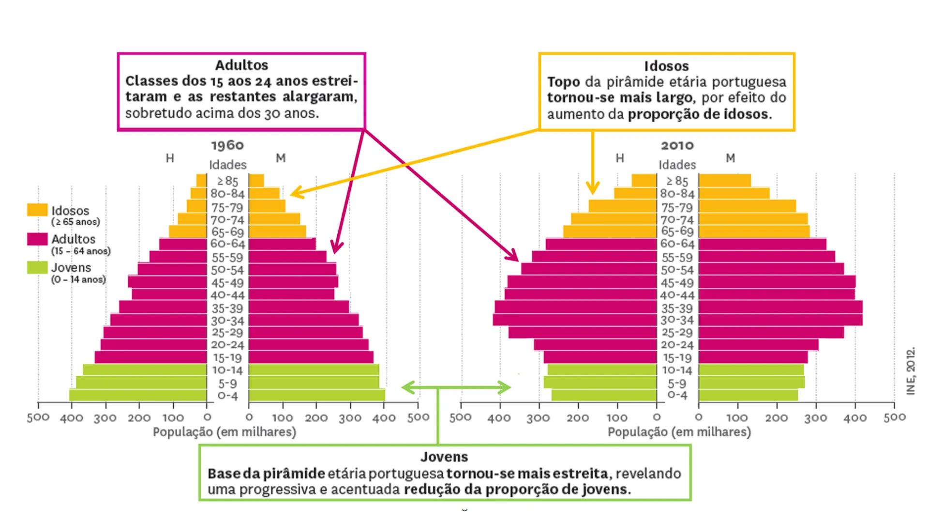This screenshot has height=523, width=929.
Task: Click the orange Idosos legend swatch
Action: (37, 210)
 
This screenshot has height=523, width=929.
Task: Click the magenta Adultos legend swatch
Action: (37, 239)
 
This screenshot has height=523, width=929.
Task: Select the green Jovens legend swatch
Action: (37, 267)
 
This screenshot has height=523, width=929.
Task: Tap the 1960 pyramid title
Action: (227, 145)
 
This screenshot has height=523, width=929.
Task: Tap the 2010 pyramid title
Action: (677, 145)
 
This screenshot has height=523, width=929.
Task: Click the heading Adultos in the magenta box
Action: (241, 65)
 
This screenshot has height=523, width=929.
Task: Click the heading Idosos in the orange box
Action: (666, 66)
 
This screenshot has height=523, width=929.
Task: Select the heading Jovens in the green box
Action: (444, 457)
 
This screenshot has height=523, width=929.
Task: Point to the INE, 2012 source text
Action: (911, 370)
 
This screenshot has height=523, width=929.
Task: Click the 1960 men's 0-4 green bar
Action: (138, 395)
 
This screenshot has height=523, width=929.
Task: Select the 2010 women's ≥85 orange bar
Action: (725, 181)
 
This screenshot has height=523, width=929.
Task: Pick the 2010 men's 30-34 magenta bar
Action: (575, 320)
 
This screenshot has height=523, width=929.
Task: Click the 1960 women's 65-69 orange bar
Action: (277, 231)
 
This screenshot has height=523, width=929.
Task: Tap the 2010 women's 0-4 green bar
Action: (748, 395)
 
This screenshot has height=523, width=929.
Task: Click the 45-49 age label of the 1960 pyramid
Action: (227, 283)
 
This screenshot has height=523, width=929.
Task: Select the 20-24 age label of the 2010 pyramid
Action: (677, 345)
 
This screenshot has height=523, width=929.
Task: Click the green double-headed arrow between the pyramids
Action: (456, 387)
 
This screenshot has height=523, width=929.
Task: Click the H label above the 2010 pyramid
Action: (620, 158)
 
